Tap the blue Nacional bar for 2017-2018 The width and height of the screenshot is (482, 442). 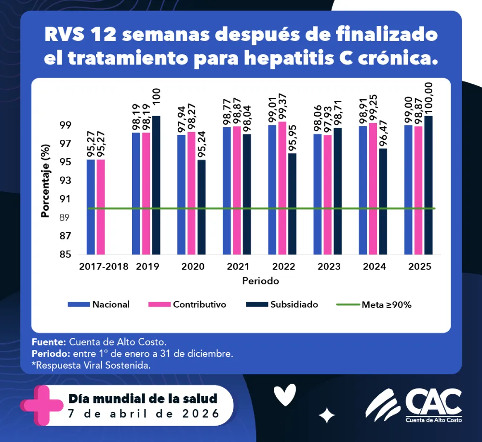[x=91, y=207]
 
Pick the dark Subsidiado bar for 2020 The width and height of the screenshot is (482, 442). [x=201, y=207]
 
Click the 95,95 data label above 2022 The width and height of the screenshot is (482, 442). [x=293, y=139]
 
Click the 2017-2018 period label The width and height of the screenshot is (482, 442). [x=104, y=267]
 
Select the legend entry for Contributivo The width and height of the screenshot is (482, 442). [x=199, y=305]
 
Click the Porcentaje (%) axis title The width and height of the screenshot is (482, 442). [x=46, y=181]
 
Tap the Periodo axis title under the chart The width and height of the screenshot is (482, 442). [x=260, y=280]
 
